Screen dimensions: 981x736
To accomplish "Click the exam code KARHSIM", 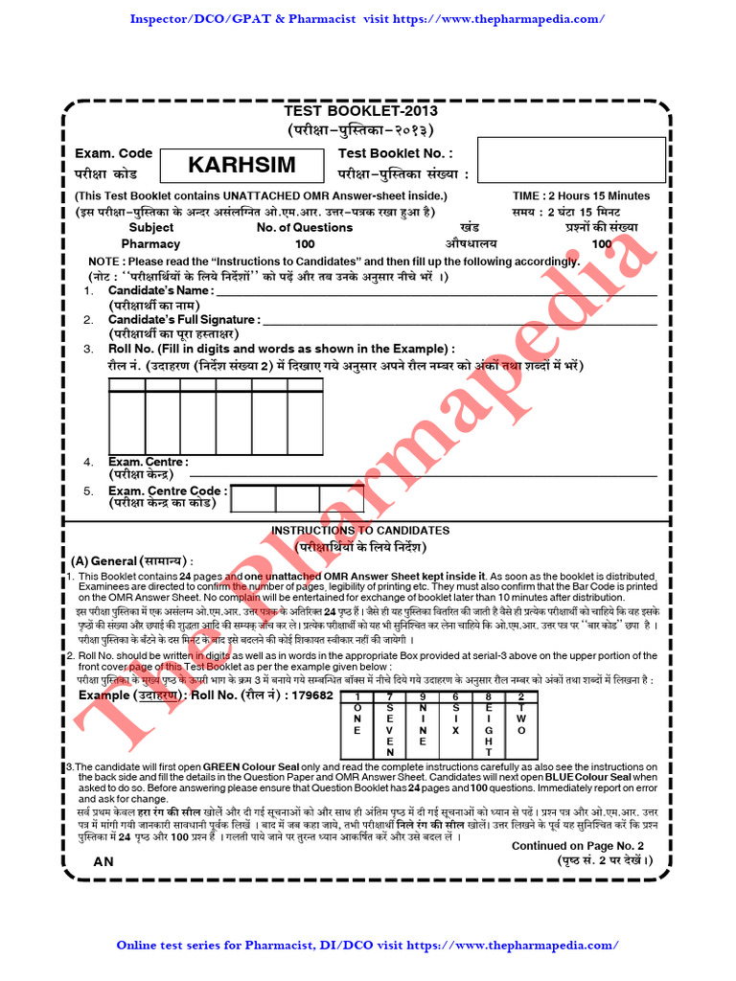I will [241, 165].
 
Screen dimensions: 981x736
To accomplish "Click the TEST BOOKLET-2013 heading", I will [367, 110].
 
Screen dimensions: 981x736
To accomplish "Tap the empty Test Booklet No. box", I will [571, 159].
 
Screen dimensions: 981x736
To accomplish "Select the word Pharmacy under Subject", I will [150, 244].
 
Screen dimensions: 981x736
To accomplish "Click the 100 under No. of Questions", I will [305, 244].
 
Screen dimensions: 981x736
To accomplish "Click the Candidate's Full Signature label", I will [184, 319].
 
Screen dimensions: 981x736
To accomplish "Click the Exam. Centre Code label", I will [168, 491].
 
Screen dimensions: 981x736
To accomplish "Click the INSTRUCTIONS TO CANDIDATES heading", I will [359, 531].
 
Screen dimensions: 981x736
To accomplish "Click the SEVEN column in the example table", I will [389, 729].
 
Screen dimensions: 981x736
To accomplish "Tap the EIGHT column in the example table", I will [488, 729].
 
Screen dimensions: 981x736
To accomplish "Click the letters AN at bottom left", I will [103, 861].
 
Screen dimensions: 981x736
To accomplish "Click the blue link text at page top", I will [367, 19].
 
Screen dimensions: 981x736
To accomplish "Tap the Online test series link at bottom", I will [367, 945].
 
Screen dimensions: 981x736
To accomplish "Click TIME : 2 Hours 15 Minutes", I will [581, 195].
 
